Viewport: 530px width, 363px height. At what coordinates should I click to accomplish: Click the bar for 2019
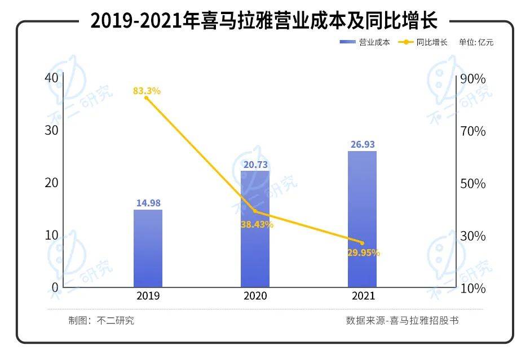tap(148, 248)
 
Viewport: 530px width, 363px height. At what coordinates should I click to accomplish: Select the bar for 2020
tap(255, 228)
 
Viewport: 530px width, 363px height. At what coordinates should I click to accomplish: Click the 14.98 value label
tap(148, 203)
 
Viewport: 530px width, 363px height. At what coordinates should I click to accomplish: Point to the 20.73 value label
tap(255, 164)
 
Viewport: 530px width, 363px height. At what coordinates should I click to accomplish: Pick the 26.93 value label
tap(362, 145)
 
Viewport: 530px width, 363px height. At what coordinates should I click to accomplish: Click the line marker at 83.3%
tap(147, 98)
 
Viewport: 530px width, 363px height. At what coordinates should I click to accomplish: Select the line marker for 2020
tap(255, 211)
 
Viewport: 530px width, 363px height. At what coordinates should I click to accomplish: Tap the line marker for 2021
tap(362, 243)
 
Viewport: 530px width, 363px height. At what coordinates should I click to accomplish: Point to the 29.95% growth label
tap(363, 253)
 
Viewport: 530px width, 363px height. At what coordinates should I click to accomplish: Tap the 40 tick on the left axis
tap(51, 78)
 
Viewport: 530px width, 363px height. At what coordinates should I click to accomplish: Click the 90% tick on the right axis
tap(472, 79)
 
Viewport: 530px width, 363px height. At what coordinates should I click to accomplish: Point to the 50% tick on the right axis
tap(472, 184)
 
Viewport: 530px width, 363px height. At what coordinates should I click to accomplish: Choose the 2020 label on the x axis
tap(255, 296)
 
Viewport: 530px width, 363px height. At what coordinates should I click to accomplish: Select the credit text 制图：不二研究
tap(101, 321)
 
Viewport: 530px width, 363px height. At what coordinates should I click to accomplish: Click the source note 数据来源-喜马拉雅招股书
tap(402, 321)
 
